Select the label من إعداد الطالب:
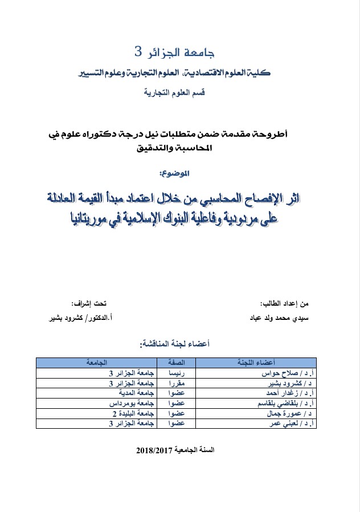(x=291, y=303)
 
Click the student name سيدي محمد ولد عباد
(x=282, y=316)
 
